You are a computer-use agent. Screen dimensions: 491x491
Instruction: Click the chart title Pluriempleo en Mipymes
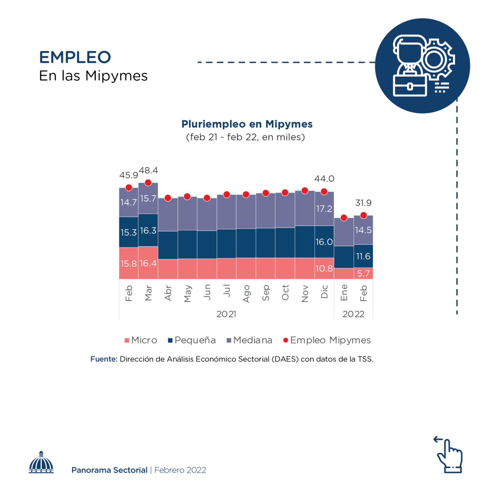point(247,124)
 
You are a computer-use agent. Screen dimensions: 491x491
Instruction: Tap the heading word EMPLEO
point(75,57)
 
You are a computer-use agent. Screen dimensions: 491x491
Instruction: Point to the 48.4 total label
point(149,170)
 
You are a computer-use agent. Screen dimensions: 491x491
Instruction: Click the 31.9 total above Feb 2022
point(363,203)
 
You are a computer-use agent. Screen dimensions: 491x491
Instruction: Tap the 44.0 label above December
point(324,179)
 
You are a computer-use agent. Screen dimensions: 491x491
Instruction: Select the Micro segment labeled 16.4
point(148,263)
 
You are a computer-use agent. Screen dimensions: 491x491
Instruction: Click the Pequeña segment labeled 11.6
point(363,256)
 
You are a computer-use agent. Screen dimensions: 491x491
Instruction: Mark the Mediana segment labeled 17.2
point(324,209)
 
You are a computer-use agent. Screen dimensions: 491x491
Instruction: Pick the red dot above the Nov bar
point(305,191)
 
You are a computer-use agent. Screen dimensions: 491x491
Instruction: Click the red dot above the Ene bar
point(344,218)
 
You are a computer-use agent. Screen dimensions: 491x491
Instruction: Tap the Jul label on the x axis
point(227,291)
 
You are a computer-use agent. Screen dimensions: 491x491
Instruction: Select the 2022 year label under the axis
point(354,314)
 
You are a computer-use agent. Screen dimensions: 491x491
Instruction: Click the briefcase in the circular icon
point(410,85)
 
